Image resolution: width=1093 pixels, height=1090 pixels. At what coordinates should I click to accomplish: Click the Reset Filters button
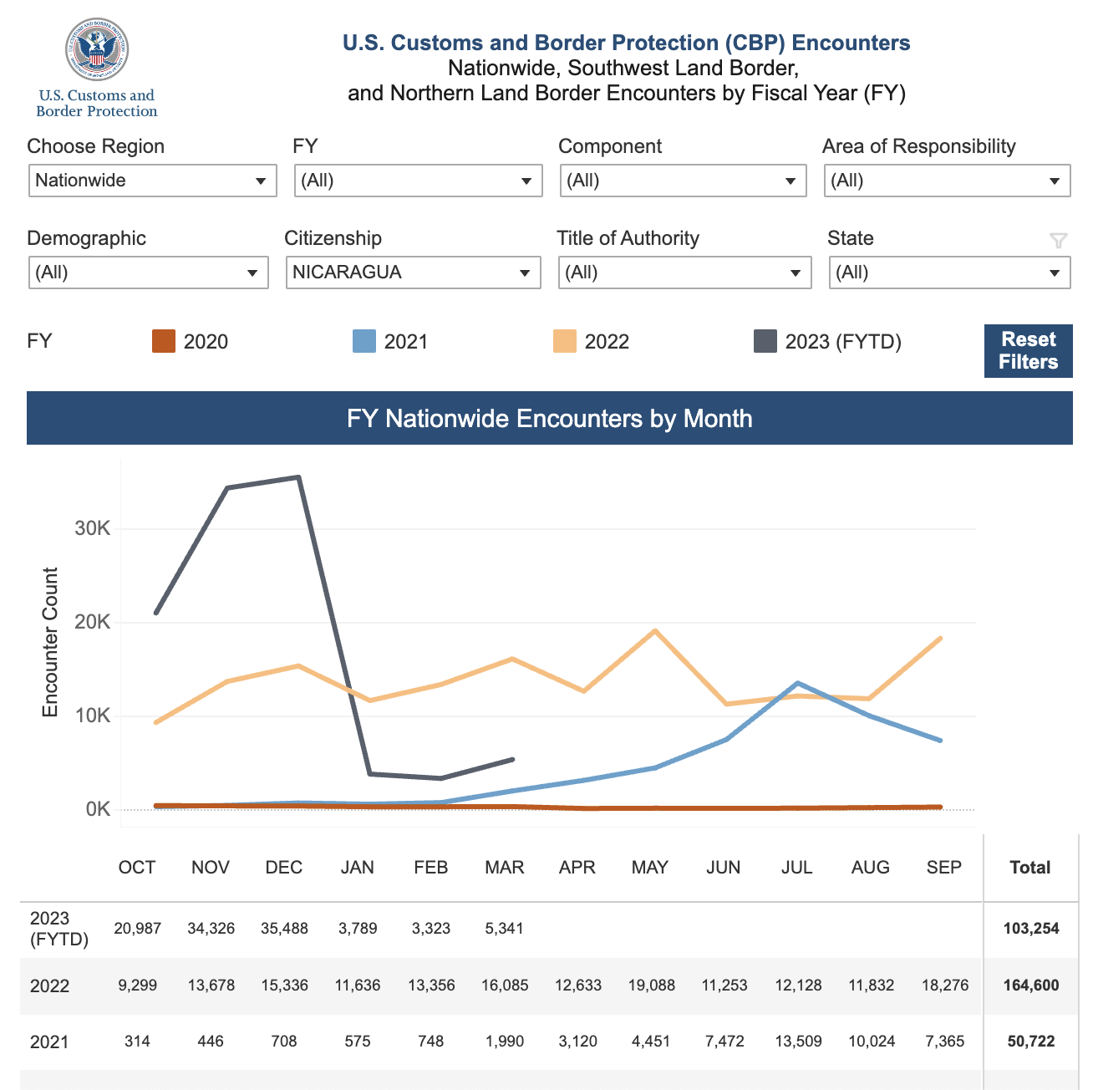click(1028, 351)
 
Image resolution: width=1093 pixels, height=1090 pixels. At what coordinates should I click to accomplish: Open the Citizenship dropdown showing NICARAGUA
click(413, 272)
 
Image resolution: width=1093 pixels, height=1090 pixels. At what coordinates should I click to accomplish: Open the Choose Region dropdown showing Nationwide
click(153, 181)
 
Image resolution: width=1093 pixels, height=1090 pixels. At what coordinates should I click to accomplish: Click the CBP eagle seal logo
click(97, 49)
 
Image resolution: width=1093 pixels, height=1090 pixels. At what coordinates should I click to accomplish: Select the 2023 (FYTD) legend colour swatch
click(765, 341)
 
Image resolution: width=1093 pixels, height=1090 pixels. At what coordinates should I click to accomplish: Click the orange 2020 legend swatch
click(163, 341)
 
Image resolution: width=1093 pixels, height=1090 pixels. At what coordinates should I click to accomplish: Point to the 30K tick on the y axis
click(93, 528)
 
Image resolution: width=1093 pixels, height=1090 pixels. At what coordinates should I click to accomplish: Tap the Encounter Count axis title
click(50, 642)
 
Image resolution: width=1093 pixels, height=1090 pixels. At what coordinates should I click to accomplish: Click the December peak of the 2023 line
click(299, 477)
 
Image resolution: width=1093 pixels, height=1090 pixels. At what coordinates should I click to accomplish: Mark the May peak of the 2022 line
click(655, 630)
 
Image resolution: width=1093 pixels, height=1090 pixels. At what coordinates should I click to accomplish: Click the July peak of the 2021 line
click(797, 683)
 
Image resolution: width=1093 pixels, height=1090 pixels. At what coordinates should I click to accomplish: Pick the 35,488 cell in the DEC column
click(284, 929)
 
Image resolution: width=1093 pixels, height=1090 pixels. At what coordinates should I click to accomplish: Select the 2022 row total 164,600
click(1030, 985)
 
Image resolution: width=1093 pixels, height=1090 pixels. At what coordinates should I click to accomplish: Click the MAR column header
click(504, 867)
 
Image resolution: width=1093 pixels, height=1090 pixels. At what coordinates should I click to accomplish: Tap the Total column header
click(1030, 867)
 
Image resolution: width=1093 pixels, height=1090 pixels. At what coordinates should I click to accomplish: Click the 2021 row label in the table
click(49, 1042)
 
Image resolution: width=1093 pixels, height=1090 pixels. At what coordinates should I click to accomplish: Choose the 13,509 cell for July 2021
click(798, 1042)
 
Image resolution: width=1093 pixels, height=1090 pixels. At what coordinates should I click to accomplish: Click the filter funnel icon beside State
click(1058, 240)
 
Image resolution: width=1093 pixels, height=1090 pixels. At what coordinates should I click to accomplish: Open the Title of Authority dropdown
click(684, 272)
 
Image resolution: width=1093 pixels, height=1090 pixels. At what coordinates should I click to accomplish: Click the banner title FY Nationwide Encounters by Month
click(550, 419)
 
